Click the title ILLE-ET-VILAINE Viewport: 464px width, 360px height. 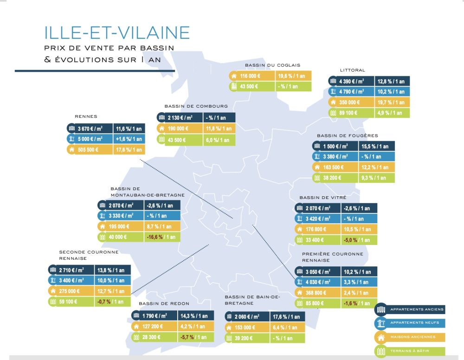116,32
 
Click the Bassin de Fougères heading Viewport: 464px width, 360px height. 347,135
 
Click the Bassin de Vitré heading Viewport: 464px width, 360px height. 321,197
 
